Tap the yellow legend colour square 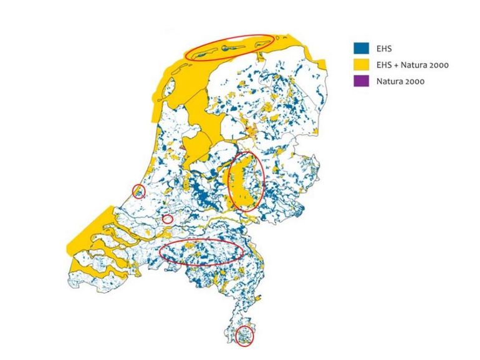pyautogui.click(x=360, y=65)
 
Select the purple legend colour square pyautogui.click(x=360, y=81)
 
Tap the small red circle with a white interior pyautogui.click(x=167, y=219)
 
